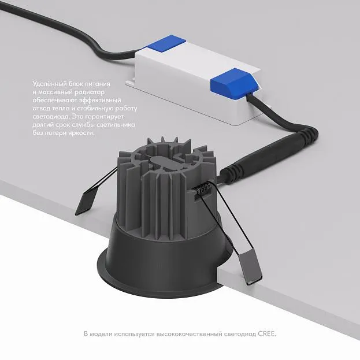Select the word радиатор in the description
pos(90,92)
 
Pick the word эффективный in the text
pos(100,101)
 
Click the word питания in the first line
pos(98,84)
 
